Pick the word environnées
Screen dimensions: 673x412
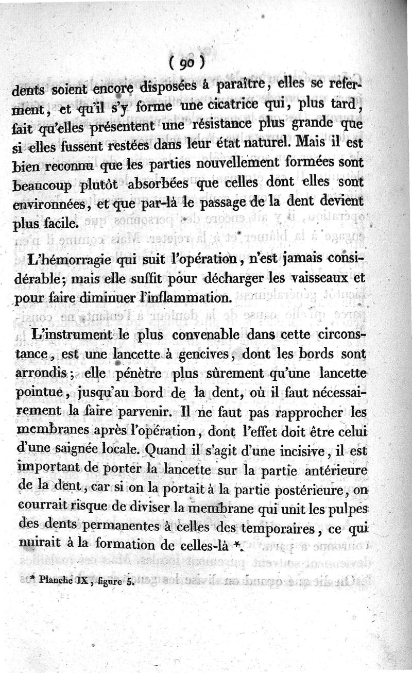coord(41,204)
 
